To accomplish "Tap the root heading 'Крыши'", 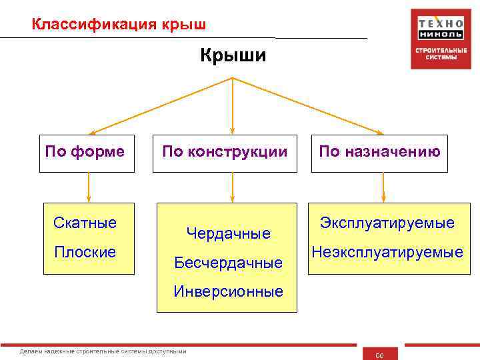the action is coord(233,56).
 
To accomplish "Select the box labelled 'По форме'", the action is coord(85,151).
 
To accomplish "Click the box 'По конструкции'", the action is coord(225,151).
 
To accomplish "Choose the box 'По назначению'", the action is coord(379,151).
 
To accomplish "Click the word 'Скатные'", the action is coord(85,222).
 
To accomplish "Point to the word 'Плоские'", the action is coord(85,252).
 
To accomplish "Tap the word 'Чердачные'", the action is coord(229,233).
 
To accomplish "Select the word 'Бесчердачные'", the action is coord(229,263).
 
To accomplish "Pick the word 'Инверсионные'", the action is coord(229,291).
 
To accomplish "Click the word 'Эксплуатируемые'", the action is coord(387,223).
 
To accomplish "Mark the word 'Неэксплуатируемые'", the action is coord(387,252).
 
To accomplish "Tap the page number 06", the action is coord(379,355).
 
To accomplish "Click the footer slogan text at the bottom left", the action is coord(103,351).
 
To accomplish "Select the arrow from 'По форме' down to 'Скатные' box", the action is coord(89,187).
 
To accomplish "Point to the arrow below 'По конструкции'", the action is coord(232,187).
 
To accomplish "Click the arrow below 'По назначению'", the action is coord(383,187).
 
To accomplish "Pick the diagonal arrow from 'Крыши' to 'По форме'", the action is coord(160,105).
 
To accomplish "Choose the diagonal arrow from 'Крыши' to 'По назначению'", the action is coord(307,105).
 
